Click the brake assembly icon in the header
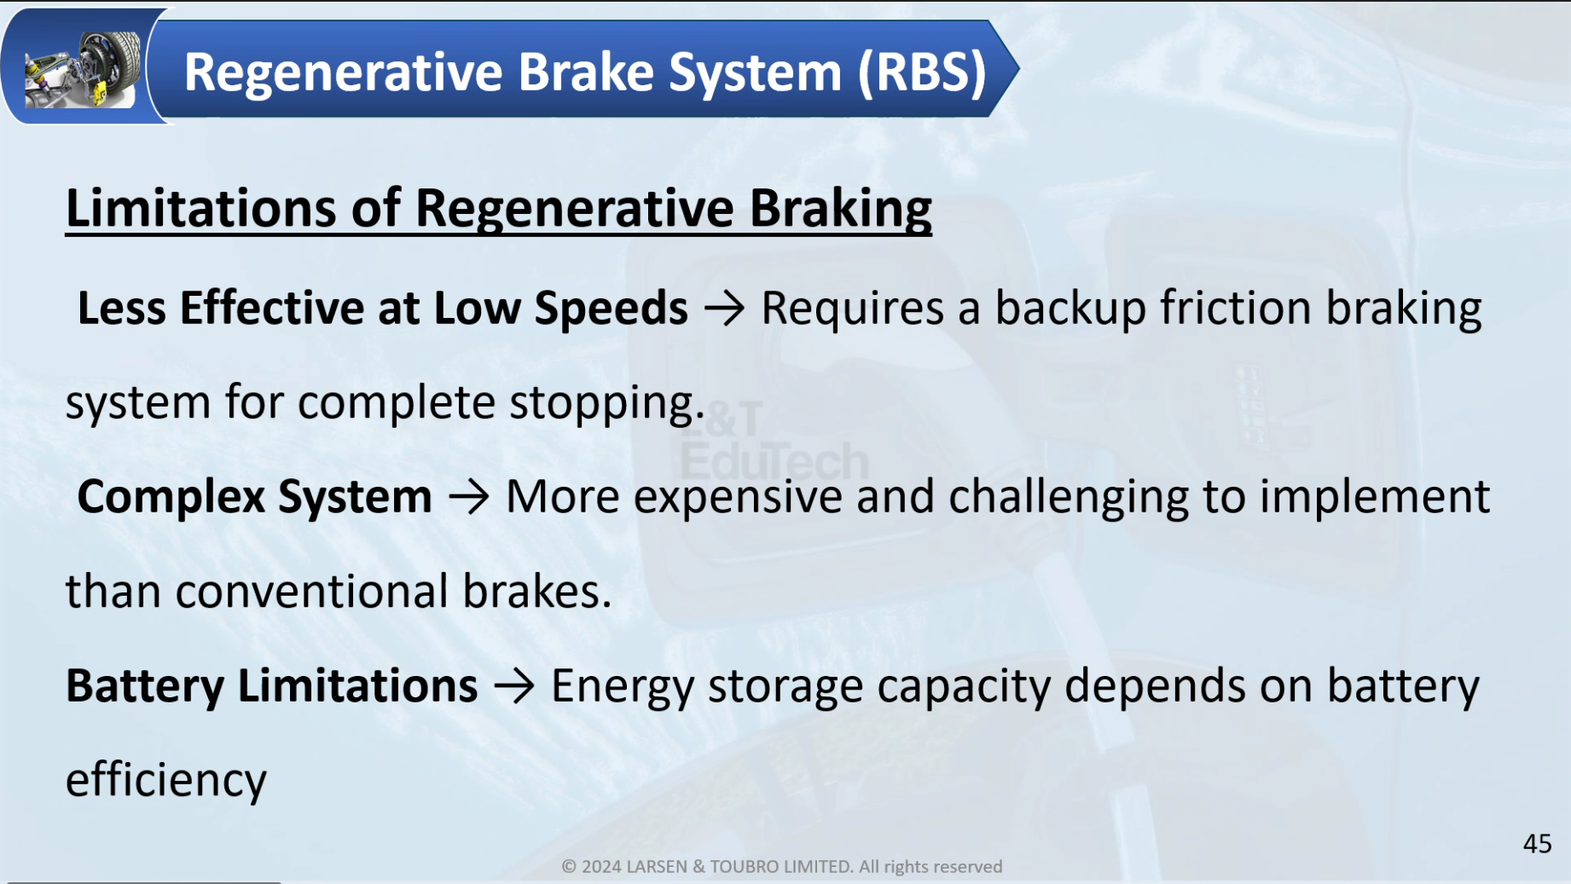[x=83, y=68]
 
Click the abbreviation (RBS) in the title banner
[x=922, y=72]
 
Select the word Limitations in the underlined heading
[x=201, y=207]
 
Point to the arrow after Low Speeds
[x=725, y=309]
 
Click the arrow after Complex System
[x=469, y=497]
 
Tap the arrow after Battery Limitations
[x=514, y=686]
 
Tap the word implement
[x=1375, y=497]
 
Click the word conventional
[x=311, y=592]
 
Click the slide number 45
[x=1537, y=844]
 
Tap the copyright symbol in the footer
[x=569, y=867]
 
